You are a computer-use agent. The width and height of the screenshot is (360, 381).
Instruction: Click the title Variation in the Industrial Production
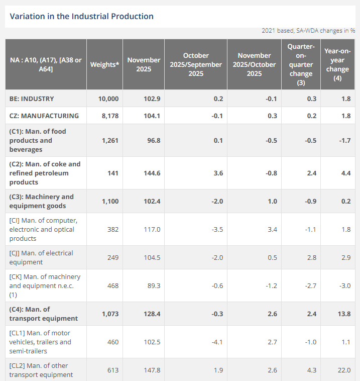tap(81, 16)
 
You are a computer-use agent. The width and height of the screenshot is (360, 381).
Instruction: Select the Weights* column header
tap(104, 64)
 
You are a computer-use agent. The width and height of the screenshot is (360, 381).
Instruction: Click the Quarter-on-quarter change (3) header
tap(301, 64)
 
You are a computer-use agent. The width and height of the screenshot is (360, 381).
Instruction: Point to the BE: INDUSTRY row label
tap(32, 99)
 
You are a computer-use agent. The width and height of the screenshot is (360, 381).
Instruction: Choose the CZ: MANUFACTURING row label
tap(44, 116)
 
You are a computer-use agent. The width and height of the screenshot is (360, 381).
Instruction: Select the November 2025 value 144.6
tap(152, 173)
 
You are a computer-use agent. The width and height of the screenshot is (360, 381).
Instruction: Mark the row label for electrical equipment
tap(41, 257)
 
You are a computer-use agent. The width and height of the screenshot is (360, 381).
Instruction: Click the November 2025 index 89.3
tap(153, 285)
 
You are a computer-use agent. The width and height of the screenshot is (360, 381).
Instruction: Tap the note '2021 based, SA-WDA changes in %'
tap(308, 31)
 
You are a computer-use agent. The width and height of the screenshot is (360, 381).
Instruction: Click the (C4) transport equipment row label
tap(44, 314)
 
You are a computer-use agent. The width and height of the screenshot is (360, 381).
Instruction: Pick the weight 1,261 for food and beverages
tap(110, 140)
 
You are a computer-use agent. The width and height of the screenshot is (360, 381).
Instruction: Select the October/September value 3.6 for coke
tap(218, 173)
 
